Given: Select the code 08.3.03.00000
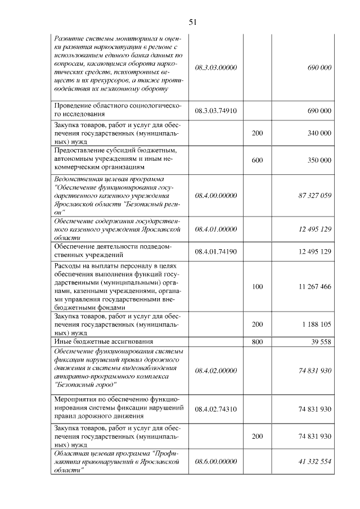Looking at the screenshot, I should coord(216,67).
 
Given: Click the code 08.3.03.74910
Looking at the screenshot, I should coord(216,110).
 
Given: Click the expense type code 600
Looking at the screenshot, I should coord(257,160).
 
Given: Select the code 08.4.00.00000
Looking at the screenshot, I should coord(216,195).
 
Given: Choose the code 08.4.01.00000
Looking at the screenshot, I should coord(216,229).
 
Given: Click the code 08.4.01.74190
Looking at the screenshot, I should coord(216,251).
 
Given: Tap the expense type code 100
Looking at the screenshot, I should coord(257,287).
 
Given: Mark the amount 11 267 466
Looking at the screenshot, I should coord(315,287).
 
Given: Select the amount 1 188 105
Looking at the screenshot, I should coord(317,325).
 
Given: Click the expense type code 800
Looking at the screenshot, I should coord(257,341).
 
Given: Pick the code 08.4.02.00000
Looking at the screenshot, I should coord(216,371).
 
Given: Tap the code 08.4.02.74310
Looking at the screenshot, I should coord(216,409).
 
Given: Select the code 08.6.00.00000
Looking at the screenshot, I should coord(216,461).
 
